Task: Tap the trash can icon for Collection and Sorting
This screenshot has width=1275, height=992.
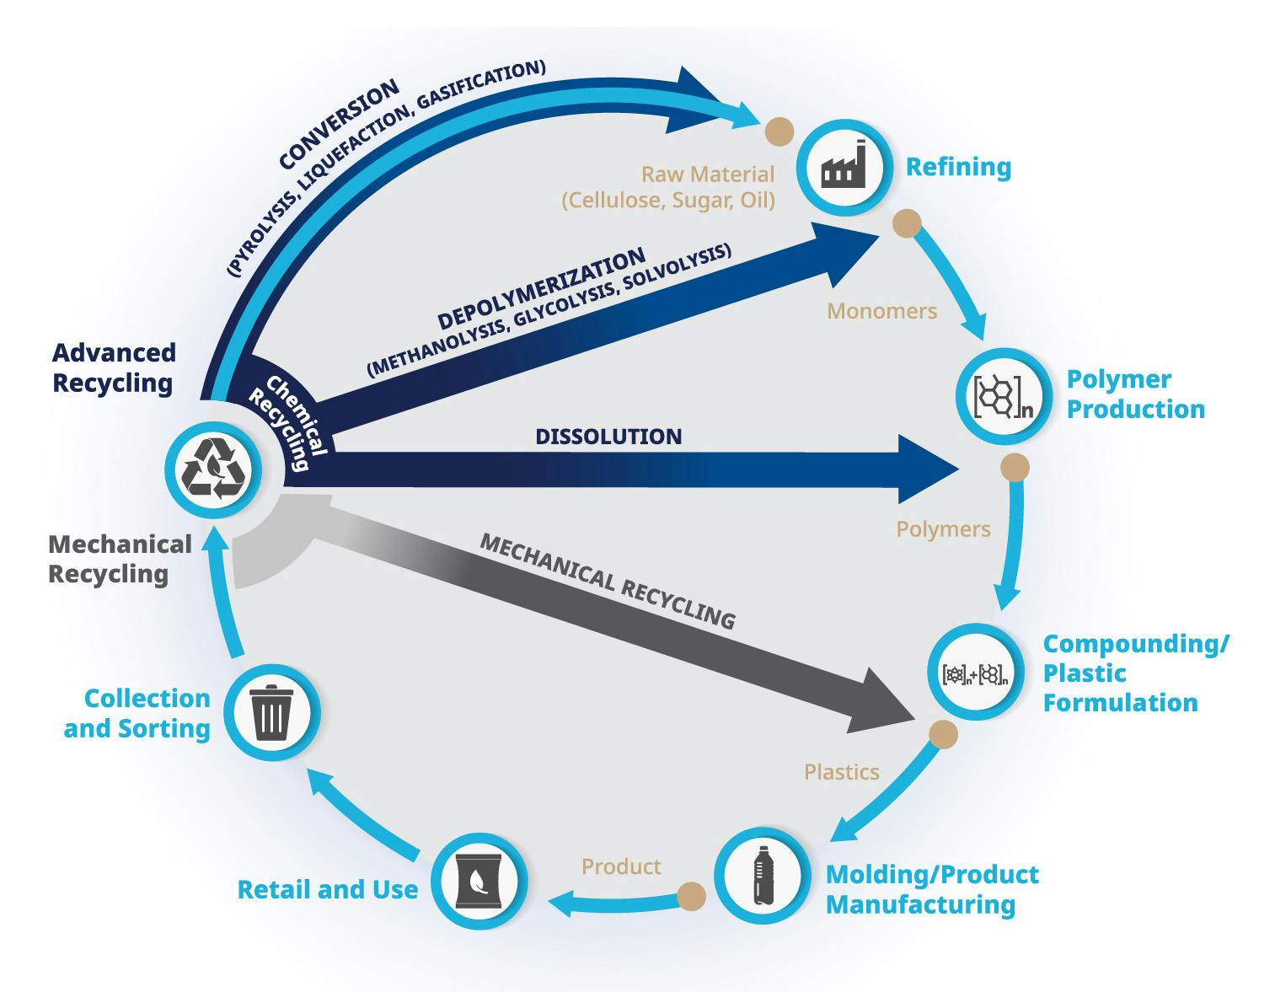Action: point(271,713)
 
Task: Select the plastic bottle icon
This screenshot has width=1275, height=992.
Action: point(763,876)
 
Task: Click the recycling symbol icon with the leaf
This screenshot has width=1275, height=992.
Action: point(213,469)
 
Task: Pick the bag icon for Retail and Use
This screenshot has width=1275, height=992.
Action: point(479,881)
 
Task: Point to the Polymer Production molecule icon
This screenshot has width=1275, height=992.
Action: point(1003,396)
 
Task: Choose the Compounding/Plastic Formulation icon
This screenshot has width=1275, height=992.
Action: point(975,673)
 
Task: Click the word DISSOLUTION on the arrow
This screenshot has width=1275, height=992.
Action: point(608,437)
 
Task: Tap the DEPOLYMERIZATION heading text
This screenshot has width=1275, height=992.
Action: point(541,289)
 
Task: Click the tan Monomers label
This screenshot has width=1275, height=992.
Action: point(881,311)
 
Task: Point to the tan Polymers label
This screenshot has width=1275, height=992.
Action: point(943,529)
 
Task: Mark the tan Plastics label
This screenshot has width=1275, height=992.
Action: point(841,772)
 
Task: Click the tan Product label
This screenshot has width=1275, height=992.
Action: point(621,866)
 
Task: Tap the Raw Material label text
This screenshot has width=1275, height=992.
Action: point(707,174)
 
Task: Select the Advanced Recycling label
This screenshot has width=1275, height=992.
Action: point(114,367)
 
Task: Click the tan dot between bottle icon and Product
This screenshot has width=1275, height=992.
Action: point(692,896)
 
